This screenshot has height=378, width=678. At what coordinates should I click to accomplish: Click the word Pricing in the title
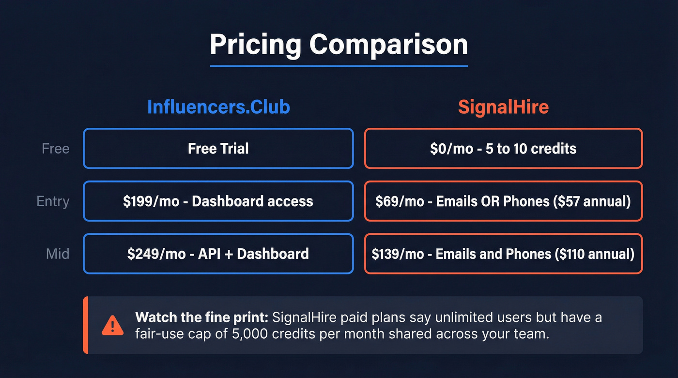point(256,45)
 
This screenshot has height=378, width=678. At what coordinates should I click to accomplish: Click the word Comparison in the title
point(388,45)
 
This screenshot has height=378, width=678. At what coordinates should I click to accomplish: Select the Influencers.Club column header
point(218,107)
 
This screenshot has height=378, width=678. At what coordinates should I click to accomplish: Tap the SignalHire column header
point(503,107)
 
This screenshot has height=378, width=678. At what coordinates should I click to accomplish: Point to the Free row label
point(56,149)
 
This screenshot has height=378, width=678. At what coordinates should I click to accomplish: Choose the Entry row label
point(53,201)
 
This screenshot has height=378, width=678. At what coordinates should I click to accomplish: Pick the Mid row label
point(58,254)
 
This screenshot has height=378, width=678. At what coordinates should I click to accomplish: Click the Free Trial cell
point(218,149)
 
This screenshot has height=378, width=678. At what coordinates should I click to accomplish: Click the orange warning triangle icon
point(112,325)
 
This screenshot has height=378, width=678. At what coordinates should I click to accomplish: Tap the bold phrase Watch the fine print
point(201,318)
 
